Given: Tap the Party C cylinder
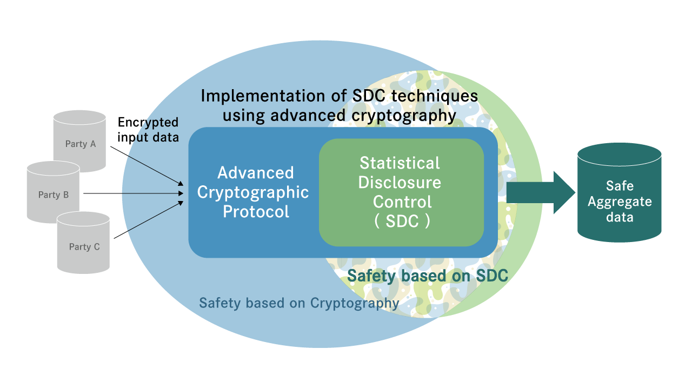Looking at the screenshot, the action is coord(83,244).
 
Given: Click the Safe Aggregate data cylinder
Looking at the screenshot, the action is coord(620,192).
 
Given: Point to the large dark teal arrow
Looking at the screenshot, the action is coord(541,193).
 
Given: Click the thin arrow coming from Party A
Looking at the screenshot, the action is coord(147,166).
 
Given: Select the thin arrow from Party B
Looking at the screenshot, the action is coord(134,193).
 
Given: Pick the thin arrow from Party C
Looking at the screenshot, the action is coord(149,220).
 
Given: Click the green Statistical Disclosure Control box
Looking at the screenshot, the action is coord(401,192).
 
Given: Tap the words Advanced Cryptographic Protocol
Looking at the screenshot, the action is coord(254,192).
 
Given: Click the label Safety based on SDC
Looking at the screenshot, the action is coord(428,276).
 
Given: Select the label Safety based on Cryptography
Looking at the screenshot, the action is coord(299,303).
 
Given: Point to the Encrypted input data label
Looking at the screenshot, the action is coord(148,130).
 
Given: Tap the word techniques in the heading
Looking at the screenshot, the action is coord(435,96).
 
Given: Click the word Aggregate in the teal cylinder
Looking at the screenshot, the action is coord(620,202).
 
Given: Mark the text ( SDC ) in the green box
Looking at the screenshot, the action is coord(402,221).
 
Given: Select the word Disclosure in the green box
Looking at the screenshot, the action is coord(400,183).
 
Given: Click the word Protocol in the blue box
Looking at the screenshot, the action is coord(256,212).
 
